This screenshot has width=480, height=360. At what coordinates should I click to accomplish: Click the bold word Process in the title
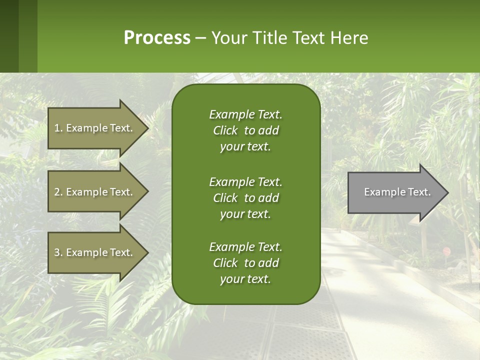pyautogui.click(x=157, y=38)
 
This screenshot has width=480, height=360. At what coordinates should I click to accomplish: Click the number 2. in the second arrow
pyautogui.click(x=58, y=192)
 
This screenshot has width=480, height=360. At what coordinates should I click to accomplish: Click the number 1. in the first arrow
pyautogui.click(x=58, y=128)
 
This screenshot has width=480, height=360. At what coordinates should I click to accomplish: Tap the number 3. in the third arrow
pyautogui.click(x=58, y=252)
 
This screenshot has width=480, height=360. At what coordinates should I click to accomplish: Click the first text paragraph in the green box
pyautogui.click(x=245, y=130)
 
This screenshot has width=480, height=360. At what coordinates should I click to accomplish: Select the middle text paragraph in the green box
pyautogui.click(x=245, y=198)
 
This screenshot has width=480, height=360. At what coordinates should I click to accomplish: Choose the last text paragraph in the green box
pyautogui.click(x=245, y=263)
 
